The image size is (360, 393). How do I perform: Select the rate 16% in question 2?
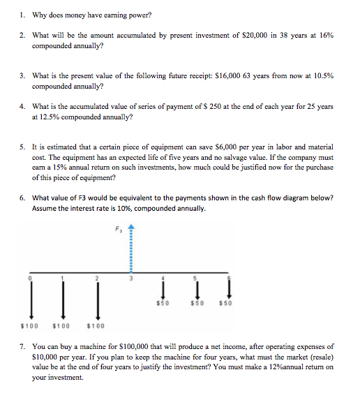(325, 34)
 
